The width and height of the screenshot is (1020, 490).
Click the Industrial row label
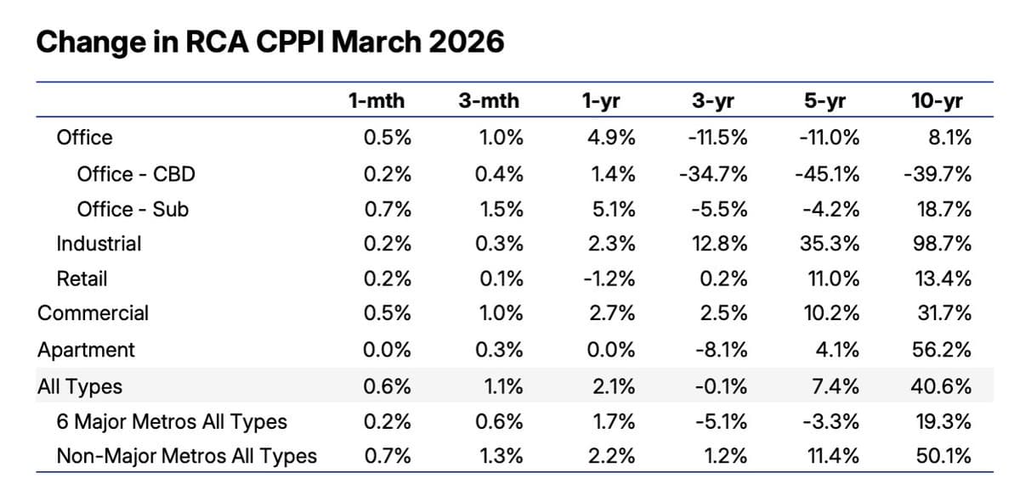(x=99, y=244)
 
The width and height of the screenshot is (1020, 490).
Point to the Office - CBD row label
(x=136, y=174)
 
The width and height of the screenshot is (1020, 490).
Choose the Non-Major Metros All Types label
(x=186, y=456)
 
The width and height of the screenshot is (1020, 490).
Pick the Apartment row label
(x=86, y=350)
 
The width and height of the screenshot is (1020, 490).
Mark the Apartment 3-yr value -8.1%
(x=719, y=350)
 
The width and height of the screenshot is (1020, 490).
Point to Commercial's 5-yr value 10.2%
(x=830, y=313)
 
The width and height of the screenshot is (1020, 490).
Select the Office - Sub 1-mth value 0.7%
(x=388, y=209)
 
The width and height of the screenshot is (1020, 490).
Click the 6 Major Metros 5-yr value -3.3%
(x=831, y=422)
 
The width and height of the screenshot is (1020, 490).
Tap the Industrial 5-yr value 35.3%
(x=830, y=244)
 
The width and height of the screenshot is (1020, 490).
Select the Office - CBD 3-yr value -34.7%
(x=713, y=174)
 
